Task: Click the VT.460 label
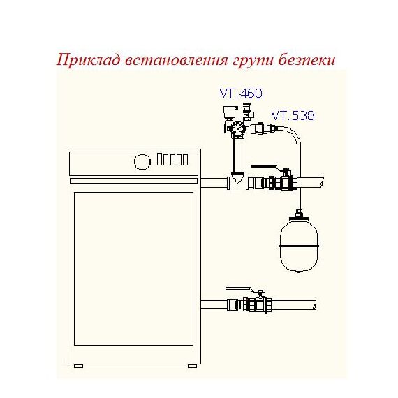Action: coord(241,94)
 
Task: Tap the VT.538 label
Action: coord(293,115)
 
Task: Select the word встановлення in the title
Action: coord(176,61)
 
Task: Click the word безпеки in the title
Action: coord(307,61)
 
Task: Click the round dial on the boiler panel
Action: coord(142,161)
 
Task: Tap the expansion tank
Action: coord(299,244)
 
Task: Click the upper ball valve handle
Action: coord(264,167)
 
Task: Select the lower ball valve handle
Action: coord(238,288)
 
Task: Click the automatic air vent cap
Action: coord(230,111)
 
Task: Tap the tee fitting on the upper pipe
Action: coord(238,182)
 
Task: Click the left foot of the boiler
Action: coord(78,366)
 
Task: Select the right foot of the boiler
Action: coord(192,366)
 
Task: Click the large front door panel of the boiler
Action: coord(133,269)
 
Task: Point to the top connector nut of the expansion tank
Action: coord(299,213)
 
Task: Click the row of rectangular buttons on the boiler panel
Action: coord(172,159)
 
